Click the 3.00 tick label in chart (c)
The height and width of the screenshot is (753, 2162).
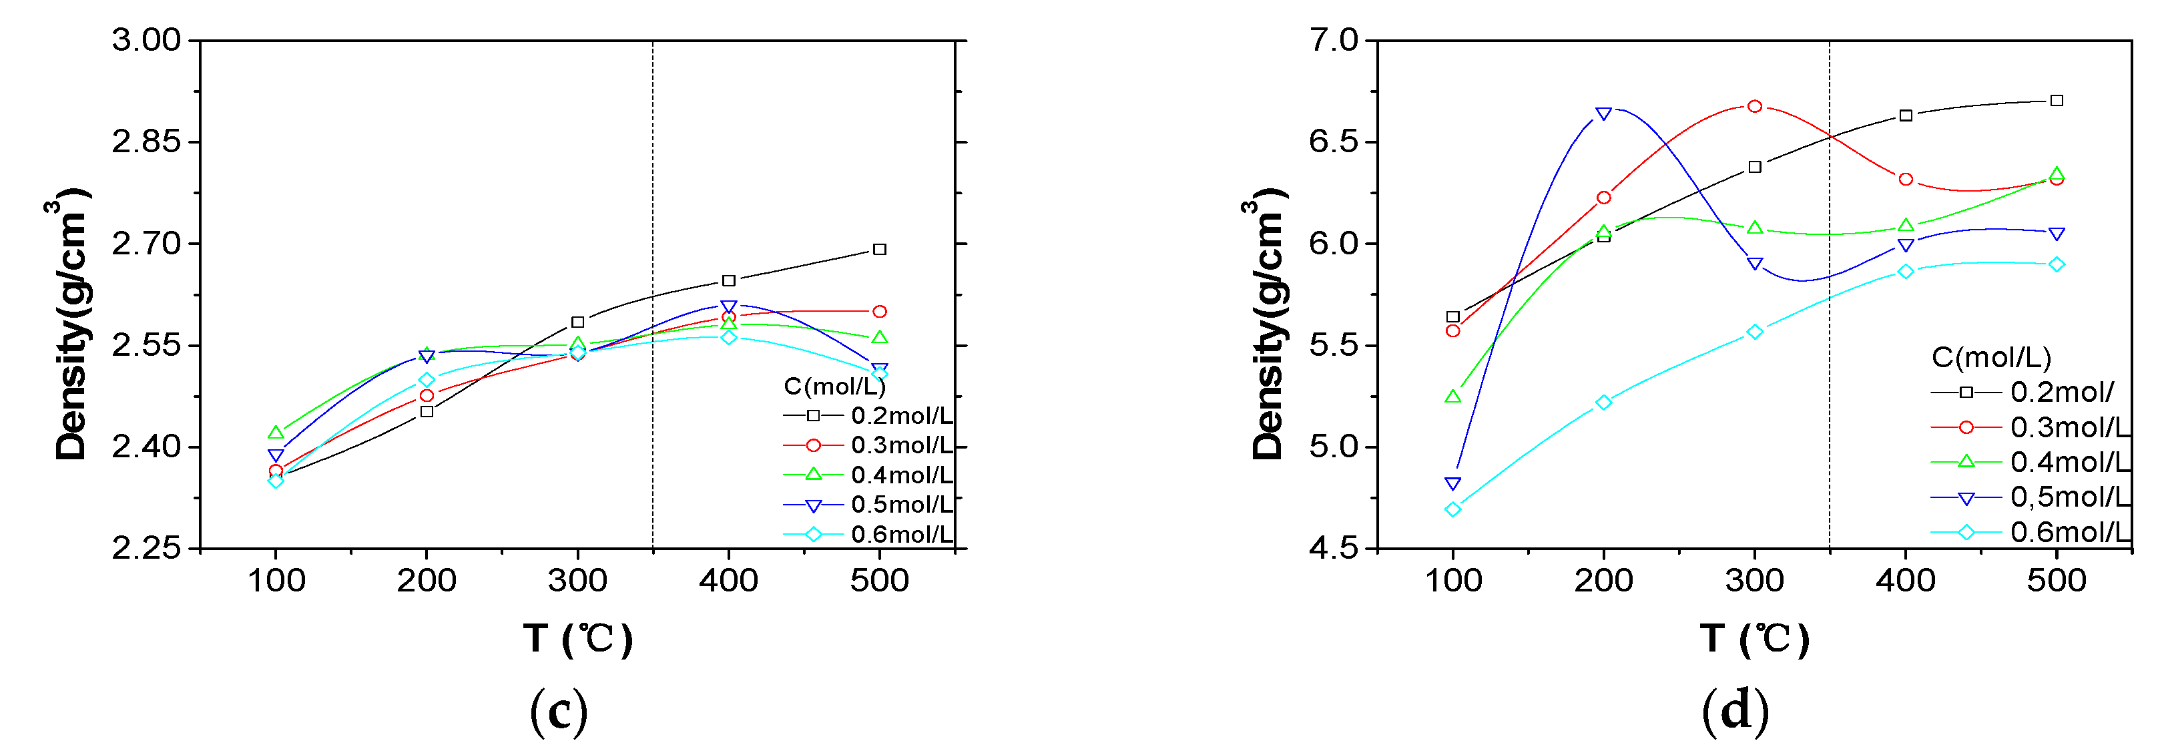(x=146, y=40)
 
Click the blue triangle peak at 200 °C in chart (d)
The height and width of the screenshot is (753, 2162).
(x=1603, y=113)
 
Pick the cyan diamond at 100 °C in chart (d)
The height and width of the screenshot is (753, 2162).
(x=1453, y=509)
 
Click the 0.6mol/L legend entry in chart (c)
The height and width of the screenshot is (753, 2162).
(x=901, y=535)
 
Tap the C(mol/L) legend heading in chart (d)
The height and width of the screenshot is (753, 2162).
(x=1990, y=358)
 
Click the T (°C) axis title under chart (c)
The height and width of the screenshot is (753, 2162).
(x=577, y=639)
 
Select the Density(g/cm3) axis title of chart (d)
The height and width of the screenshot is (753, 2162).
(x=1268, y=324)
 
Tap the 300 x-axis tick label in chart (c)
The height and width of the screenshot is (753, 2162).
(x=577, y=581)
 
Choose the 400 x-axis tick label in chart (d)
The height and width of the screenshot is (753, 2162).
(x=1905, y=581)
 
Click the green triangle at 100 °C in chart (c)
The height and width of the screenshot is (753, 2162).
(x=276, y=433)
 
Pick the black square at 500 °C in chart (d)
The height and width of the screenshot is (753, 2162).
(x=2057, y=101)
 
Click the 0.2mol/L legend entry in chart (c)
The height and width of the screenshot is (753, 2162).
(x=901, y=415)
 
